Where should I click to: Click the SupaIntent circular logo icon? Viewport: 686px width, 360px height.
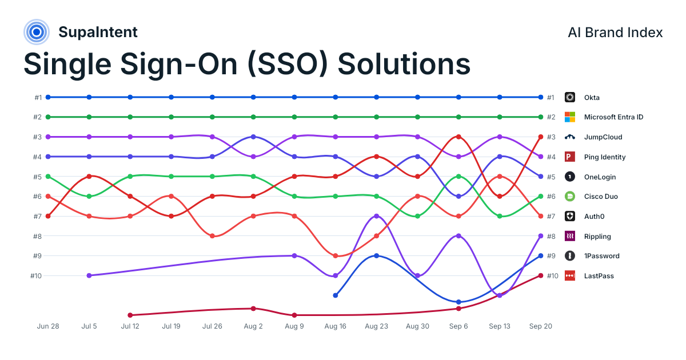tap(37, 32)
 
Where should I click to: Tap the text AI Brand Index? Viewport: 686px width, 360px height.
tap(615, 33)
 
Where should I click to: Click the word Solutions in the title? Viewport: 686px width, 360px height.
tap(404, 64)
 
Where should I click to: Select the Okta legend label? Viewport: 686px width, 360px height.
tap(592, 98)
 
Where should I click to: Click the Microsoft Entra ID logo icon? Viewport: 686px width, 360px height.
tap(570, 117)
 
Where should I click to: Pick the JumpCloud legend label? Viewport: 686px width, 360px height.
tap(603, 137)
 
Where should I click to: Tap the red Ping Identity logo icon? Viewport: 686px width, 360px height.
tap(570, 157)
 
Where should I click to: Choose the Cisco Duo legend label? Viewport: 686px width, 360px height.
tap(601, 197)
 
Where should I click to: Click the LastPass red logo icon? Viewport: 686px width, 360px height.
tap(570, 276)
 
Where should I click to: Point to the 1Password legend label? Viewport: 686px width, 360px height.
tap(602, 256)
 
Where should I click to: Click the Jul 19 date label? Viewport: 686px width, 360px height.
tap(171, 326)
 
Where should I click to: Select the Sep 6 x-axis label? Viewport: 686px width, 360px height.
tap(458, 326)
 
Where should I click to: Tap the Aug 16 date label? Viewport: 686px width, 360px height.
tap(336, 326)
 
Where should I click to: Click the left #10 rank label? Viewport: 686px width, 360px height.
tap(36, 276)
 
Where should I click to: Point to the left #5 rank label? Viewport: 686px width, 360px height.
tap(37, 177)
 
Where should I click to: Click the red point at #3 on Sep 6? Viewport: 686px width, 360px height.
tap(458, 137)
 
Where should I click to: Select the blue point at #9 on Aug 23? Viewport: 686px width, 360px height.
tap(377, 255)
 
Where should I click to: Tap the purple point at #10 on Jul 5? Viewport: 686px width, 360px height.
tap(89, 275)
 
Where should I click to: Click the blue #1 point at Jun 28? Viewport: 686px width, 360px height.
tap(48, 97)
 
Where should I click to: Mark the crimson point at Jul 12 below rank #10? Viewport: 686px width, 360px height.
tap(130, 315)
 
